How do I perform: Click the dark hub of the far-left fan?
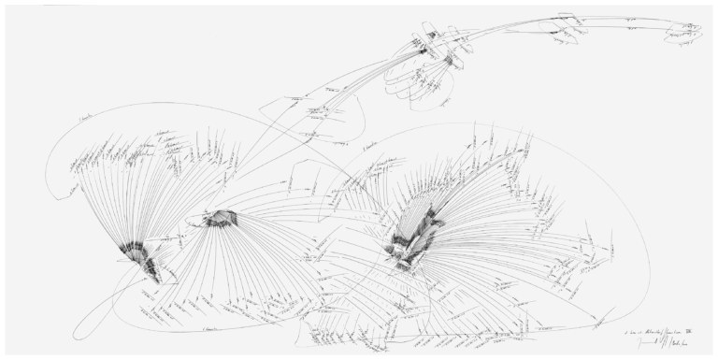pyautogui.click(x=140, y=253)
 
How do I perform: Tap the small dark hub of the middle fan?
pyautogui.click(x=223, y=218)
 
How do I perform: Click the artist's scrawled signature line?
pyautogui.click(x=658, y=343)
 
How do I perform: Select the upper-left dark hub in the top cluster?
pyautogui.click(x=426, y=44)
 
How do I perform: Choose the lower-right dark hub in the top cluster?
pyautogui.click(x=449, y=61)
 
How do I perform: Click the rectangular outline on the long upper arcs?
pyautogui.click(x=567, y=26)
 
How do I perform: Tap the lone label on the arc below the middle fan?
pyautogui.click(x=216, y=329)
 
